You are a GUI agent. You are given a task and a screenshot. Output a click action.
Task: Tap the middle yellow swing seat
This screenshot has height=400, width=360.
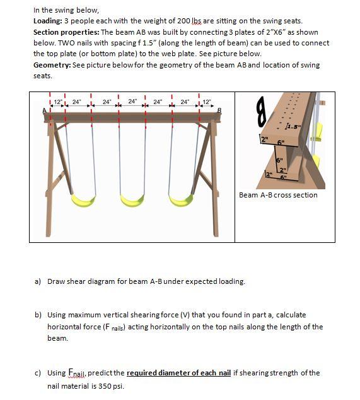click(x=132, y=199)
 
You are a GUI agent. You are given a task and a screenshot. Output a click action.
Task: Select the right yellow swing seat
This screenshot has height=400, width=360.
click(x=183, y=199)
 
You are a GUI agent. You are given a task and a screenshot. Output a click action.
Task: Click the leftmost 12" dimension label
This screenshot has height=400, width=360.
click(x=58, y=102)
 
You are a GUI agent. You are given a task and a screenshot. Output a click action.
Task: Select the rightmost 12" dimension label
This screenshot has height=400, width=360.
click(x=206, y=102)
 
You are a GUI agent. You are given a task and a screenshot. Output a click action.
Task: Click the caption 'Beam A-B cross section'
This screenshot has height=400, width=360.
click(x=278, y=195)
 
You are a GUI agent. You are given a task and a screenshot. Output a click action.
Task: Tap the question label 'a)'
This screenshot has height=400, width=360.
click(x=38, y=281)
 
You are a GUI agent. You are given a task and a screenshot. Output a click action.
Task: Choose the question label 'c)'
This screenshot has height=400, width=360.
click(x=38, y=373)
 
